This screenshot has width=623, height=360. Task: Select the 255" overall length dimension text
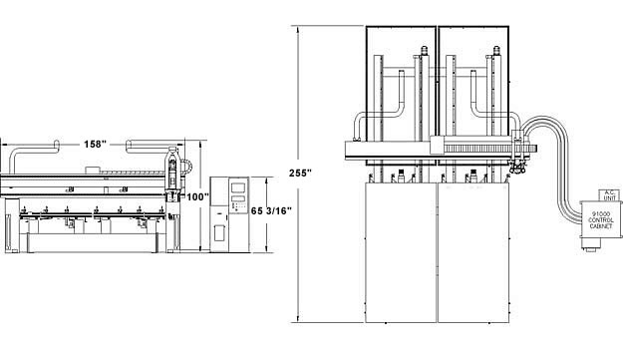[298, 173]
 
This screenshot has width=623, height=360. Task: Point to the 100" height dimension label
[197, 196]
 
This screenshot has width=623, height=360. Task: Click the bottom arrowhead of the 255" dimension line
[298, 322]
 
